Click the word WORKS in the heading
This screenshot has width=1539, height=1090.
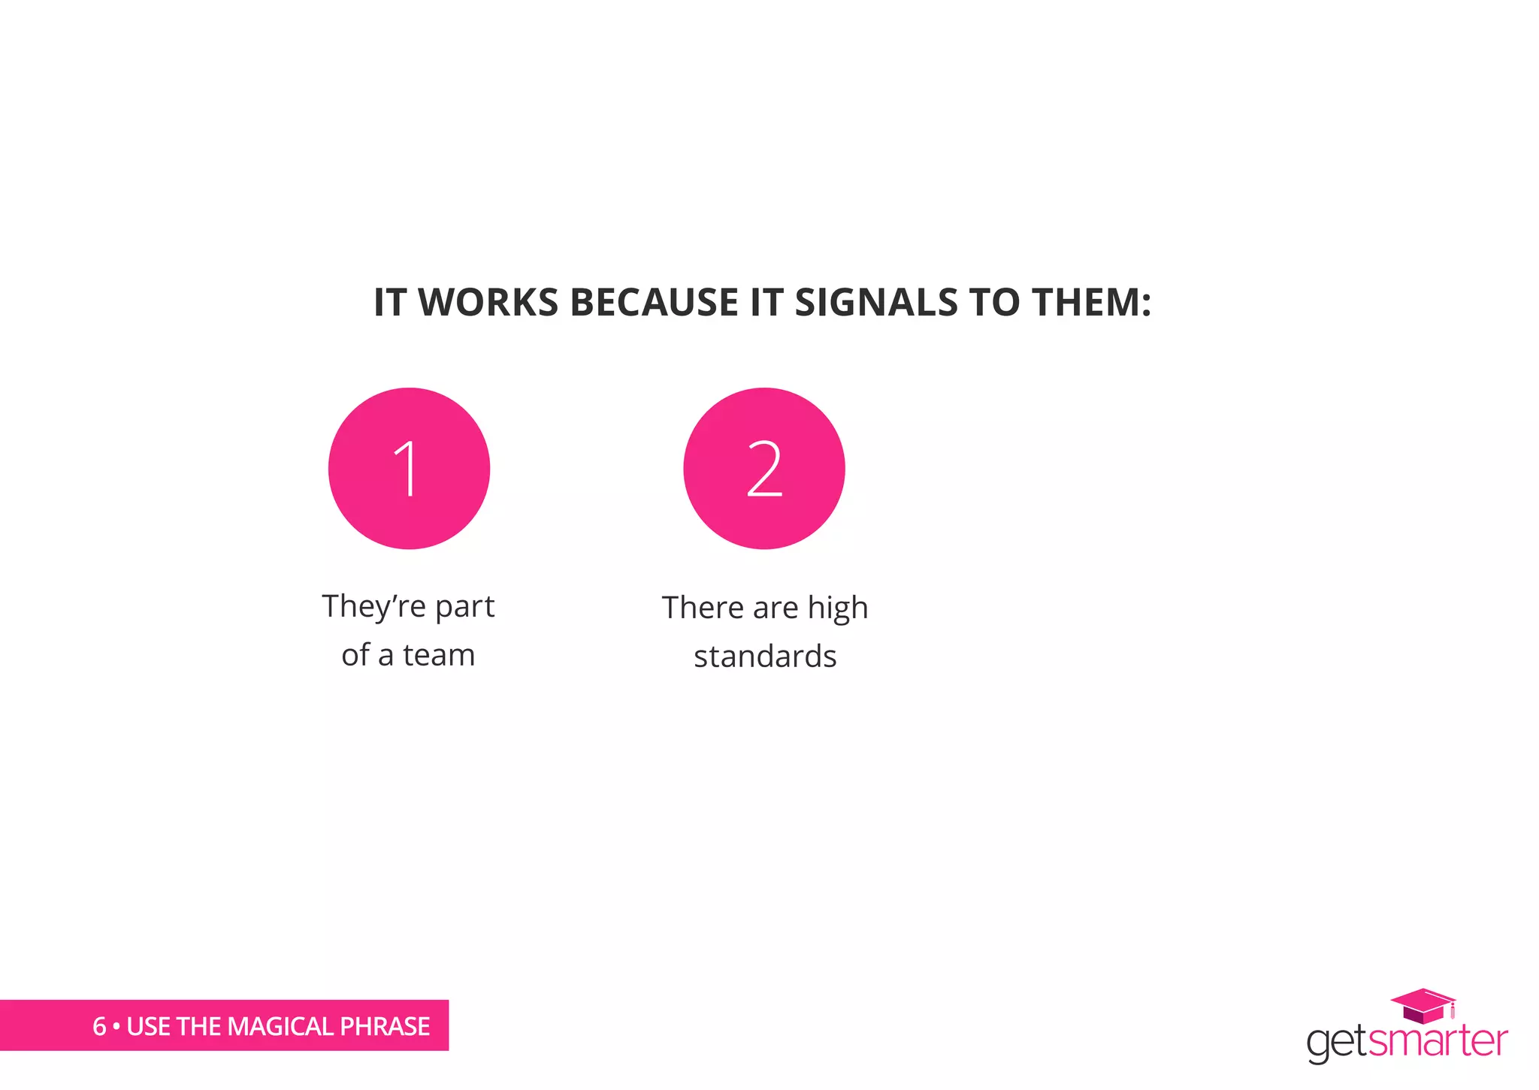click(488, 303)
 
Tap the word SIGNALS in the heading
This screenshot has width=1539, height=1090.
click(876, 303)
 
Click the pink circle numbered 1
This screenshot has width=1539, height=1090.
click(409, 469)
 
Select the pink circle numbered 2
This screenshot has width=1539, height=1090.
click(763, 469)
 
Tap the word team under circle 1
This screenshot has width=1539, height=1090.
click(439, 655)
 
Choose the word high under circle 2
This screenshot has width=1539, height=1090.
click(838, 608)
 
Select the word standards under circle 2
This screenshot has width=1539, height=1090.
click(765, 657)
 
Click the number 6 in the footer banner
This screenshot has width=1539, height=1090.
click(99, 1026)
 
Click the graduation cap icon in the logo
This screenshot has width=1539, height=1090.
click(1423, 1005)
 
